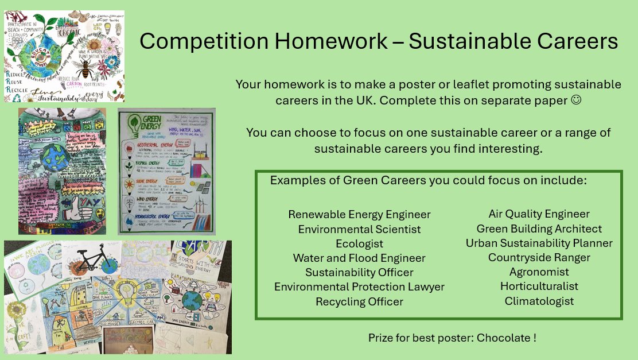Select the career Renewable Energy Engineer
click(359, 215)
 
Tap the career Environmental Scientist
click(359, 229)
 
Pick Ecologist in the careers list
click(359, 243)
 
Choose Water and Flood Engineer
click(359, 258)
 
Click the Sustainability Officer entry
click(359, 273)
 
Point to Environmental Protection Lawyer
click(359, 287)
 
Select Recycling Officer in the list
click(359, 301)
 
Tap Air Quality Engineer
click(539, 214)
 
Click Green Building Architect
click(539, 229)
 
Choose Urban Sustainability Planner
click(539, 243)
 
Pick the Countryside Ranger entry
click(539, 258)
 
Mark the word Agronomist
click(539, 272)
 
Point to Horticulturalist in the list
click(539, 287)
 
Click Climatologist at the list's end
click(539, 301)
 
